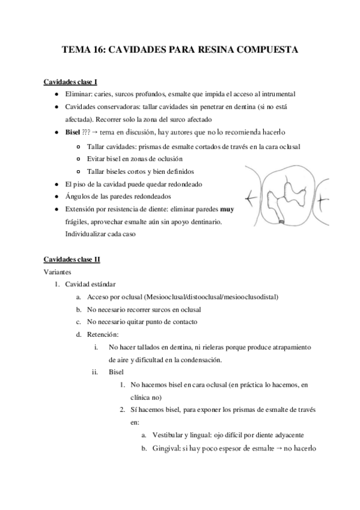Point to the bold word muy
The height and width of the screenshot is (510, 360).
point(227,210)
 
